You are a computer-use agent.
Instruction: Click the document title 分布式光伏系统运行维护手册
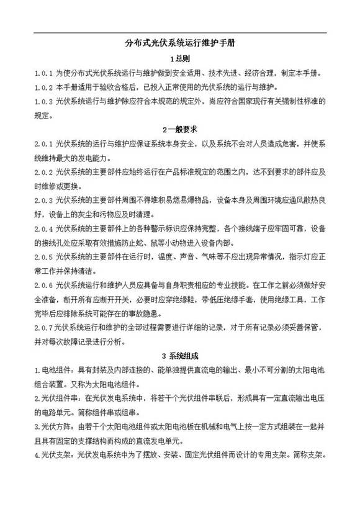tap(179, 44)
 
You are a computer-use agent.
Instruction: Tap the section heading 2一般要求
tap(179, 130)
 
